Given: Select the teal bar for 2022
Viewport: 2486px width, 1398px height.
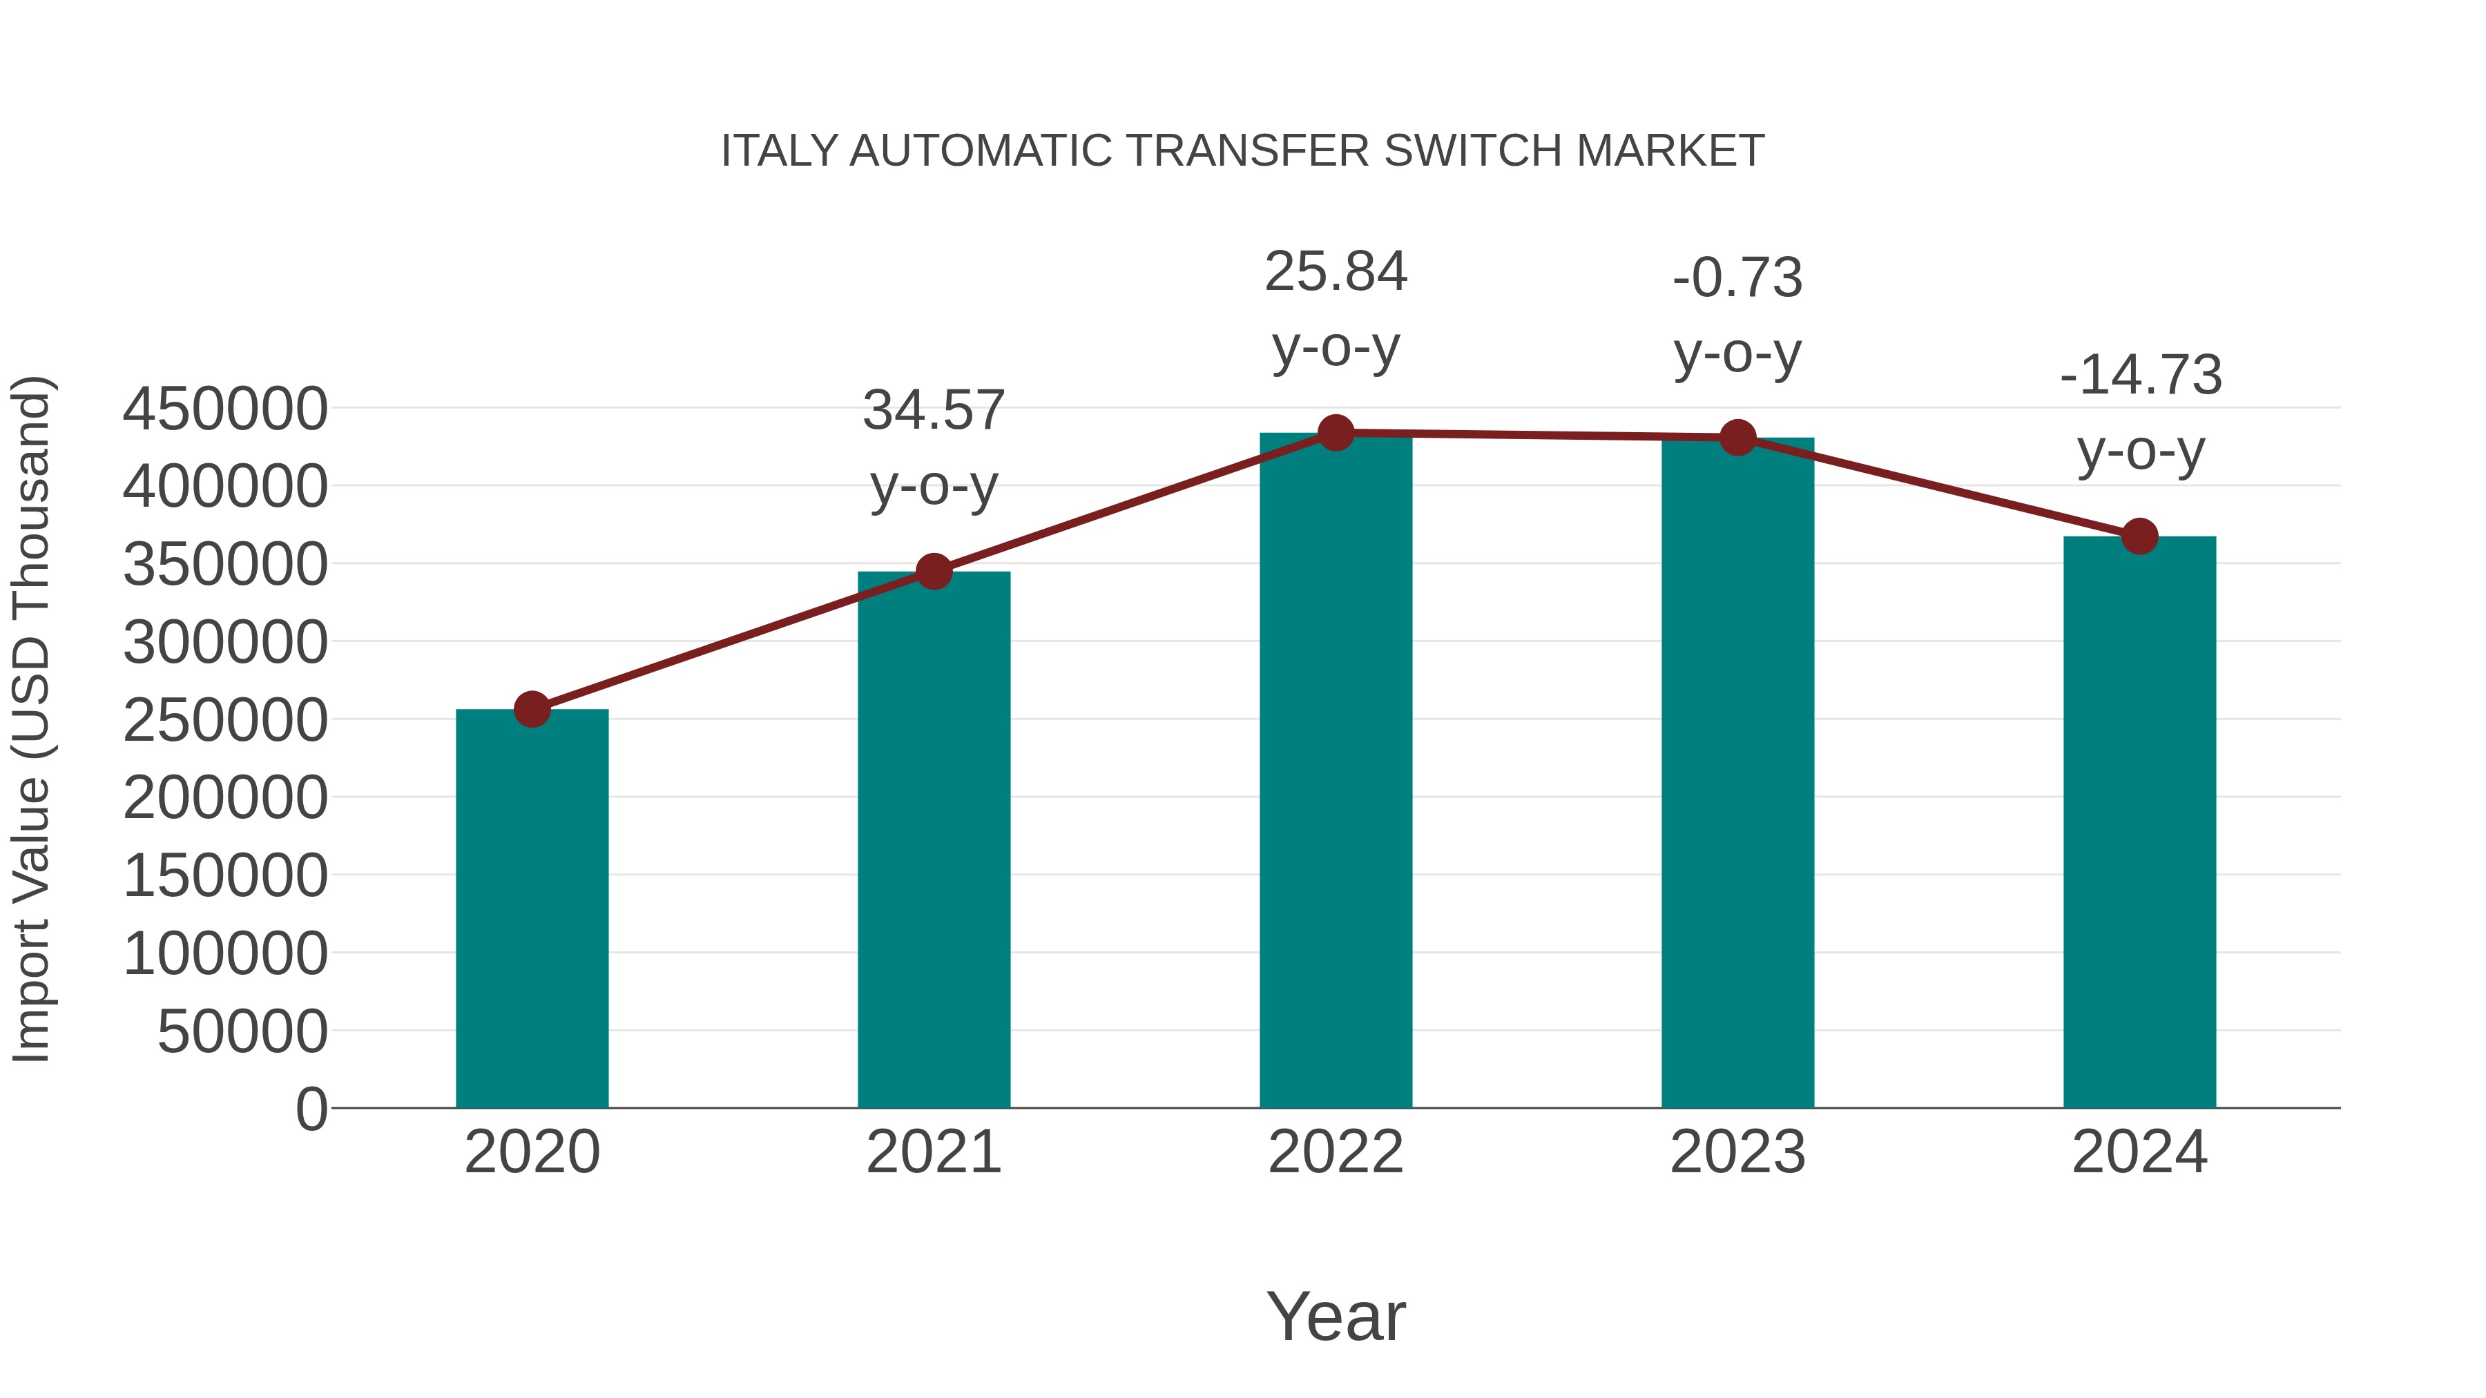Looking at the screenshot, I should [x=1336, y=772].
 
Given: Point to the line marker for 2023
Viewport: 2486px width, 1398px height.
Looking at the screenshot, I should [x=1738, y=438].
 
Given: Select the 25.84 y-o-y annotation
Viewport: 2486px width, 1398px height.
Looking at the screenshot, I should [x=1336, y=272].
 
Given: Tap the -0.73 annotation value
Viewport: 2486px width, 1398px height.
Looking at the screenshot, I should [x=1738, y=278].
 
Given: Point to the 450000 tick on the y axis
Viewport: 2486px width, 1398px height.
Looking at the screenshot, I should [x=225, y=409].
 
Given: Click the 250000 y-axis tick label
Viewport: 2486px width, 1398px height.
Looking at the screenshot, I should [x=225, y=721].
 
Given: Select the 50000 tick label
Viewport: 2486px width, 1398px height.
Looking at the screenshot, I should [x=242, y=1032].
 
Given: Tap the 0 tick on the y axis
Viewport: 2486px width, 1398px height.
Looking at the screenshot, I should [x=311, y=1109].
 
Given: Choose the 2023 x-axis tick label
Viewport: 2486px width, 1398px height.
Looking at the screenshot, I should [x=1738, y=1153].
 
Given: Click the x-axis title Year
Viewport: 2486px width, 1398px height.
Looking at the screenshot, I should [x=1336, y=1317].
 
